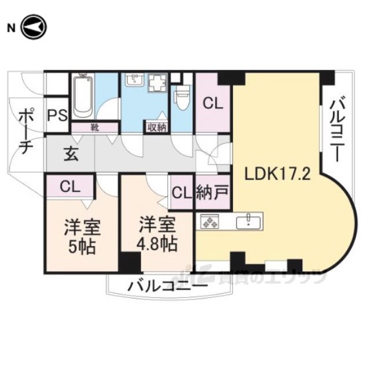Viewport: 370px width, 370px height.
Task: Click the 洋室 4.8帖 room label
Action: [x=156, y=232]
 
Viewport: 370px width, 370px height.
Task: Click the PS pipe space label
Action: [x=57, y=115]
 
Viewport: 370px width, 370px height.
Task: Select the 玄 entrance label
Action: [x=71, y=155]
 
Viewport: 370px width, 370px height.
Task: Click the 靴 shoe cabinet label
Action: [x=94, y=127]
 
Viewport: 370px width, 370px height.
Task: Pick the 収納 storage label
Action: [x=157, y=127]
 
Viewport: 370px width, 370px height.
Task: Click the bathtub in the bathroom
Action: [x=82, y=97]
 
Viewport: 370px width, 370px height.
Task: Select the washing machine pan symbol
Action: [x=157, y=85]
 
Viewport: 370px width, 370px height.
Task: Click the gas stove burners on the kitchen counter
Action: [x=209, y=221]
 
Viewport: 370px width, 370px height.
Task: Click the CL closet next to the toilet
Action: [x=212, y=105]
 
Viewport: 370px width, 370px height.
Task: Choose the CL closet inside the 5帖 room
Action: [x=71, y=187]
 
